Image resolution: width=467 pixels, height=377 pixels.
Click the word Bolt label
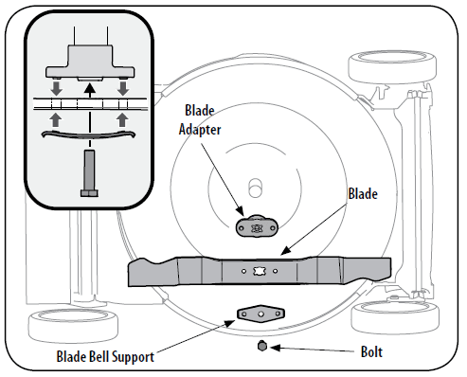click(x=371, y=351)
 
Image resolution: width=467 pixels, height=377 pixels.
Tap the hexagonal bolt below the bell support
click(x=262, y=346)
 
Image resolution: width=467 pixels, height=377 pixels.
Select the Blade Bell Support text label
click(x=105, y=357)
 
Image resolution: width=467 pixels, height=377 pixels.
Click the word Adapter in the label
click(x=200, y=130)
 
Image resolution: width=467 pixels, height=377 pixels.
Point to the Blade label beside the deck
click(x=363, y=194)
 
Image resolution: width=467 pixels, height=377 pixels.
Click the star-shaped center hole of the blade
click(x=259, y=271)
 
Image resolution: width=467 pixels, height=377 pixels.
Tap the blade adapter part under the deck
click(x=257, y=225)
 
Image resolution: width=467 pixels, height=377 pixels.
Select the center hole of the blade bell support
click(x=260, y=314)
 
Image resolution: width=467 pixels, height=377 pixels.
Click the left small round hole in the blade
click(x=243, y=271)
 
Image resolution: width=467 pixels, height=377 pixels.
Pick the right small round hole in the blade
click(x=276, y=271)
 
